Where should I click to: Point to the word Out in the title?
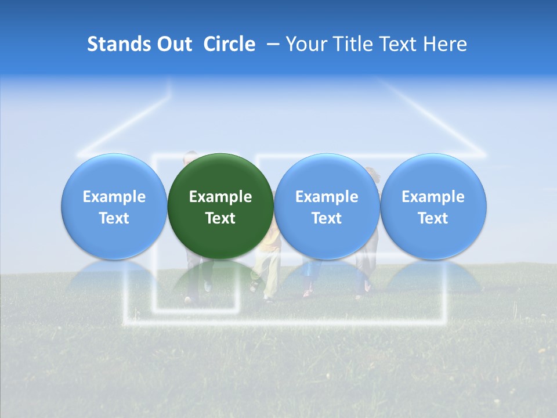(x=172, y=44)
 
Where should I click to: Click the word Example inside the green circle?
(x=220, y=197)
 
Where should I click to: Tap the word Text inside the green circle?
(x=220, y=218)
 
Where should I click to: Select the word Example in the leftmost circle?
(x=114, y=197)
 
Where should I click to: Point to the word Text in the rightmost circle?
(x=433, y=218)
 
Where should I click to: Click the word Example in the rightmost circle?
(x=433, y=197)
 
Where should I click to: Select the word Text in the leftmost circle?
(x=114, y=218)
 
